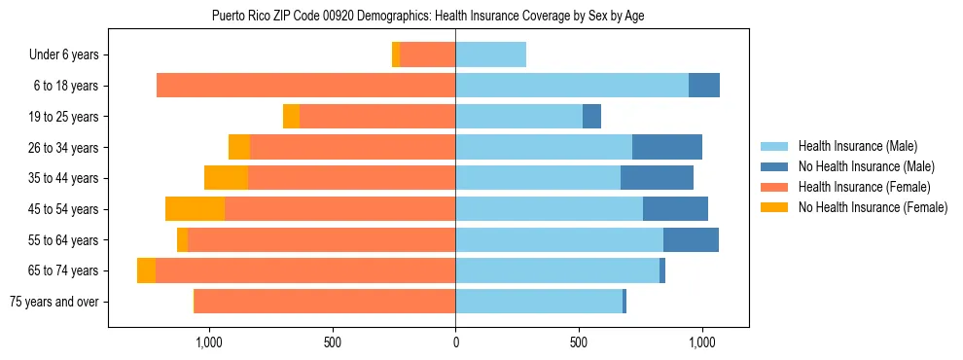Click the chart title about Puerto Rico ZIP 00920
(x=427, y=16)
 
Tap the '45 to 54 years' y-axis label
(x=57, y=209)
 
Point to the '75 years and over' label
(x=53, y=302)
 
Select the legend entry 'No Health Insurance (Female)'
(x=873, y=207)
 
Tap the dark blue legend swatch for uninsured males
(x=775, y=166)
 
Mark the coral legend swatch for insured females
(x=775, y=187)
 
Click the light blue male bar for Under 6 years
(x=490, y=55)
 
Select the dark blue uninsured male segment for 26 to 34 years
(x=666, y=147)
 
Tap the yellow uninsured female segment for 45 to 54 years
(x=195, y=209)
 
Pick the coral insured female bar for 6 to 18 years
(x=305, y=86)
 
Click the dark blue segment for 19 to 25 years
(x=591, y=117)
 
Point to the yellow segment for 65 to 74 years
(x=146, y=270)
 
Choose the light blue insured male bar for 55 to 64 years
(x=558, y=239)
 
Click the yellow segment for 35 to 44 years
(x=226, y=178)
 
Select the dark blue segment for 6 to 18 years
(x=703, y=86)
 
